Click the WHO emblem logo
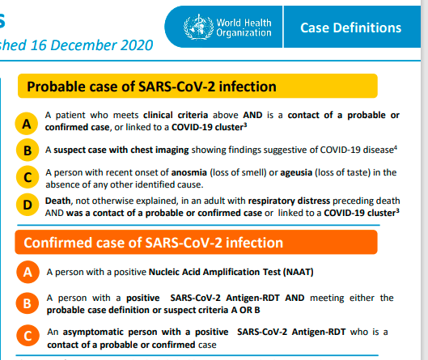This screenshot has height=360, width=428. [199, 27]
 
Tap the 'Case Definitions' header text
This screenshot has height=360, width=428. [351, 28]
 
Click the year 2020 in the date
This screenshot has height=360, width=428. [137, 45]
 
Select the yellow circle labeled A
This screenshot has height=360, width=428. [27, 124]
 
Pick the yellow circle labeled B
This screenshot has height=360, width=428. [28, 150]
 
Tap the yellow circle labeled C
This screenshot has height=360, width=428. [28, 177]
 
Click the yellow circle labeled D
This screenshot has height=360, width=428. [28, 205]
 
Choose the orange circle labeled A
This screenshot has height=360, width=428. [28, 272]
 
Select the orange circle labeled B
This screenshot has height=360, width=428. [28, 303]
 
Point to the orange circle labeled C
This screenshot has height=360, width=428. [28, 336]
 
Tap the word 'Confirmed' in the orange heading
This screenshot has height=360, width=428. [57, 243]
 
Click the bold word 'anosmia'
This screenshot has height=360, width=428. [189, 172]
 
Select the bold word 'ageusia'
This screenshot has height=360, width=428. [296, 173]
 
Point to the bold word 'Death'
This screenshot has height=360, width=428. [58, 201]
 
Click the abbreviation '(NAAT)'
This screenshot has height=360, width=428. [298, 272]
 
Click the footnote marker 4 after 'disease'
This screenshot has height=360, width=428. [396, 148]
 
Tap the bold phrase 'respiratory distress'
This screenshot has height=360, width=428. [289, 201]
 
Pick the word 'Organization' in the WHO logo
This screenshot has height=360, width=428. [244, 32]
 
